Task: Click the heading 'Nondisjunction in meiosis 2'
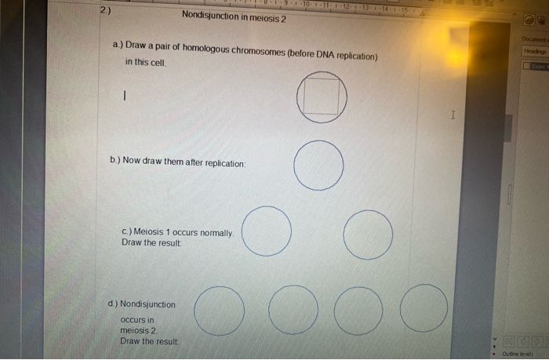point(233,16)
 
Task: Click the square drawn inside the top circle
point(322,96)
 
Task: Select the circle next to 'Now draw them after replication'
point(319,165)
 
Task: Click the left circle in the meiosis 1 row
point(267,231)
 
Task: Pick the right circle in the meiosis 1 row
point(368,235)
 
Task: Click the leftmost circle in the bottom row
point(219,311)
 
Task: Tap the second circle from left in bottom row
point(293,311)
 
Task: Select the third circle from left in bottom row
point(358,311)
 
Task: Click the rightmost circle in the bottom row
point(424,307)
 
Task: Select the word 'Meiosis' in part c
point(152,233)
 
